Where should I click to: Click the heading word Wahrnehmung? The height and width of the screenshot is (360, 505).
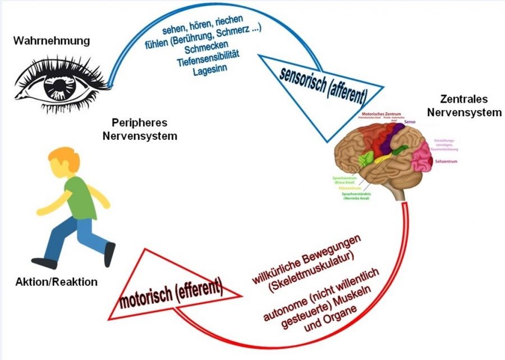51,41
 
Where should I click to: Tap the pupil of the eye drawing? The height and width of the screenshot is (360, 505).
58,85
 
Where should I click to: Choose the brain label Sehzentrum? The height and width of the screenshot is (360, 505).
446,162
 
